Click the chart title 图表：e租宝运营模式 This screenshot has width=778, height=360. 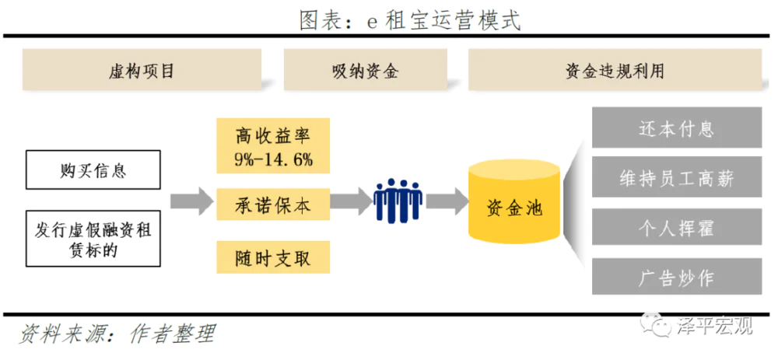(410, 19)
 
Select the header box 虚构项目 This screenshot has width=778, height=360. (142, 71)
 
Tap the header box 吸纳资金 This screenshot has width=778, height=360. (365, 71)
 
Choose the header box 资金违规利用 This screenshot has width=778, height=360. (615, 71)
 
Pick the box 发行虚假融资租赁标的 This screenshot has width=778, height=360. (93, 239)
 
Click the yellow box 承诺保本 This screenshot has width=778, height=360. (273, 204)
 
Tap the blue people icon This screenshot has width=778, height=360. (397, 201)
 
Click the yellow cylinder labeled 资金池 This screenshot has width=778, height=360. (514, 204)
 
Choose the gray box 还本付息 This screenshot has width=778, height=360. (675, 128)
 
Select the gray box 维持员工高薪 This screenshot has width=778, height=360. (675, 179)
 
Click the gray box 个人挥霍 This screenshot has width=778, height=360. (675, 229)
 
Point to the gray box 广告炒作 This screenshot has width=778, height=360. (675, 278)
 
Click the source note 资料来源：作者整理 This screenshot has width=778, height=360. (117, 334)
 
